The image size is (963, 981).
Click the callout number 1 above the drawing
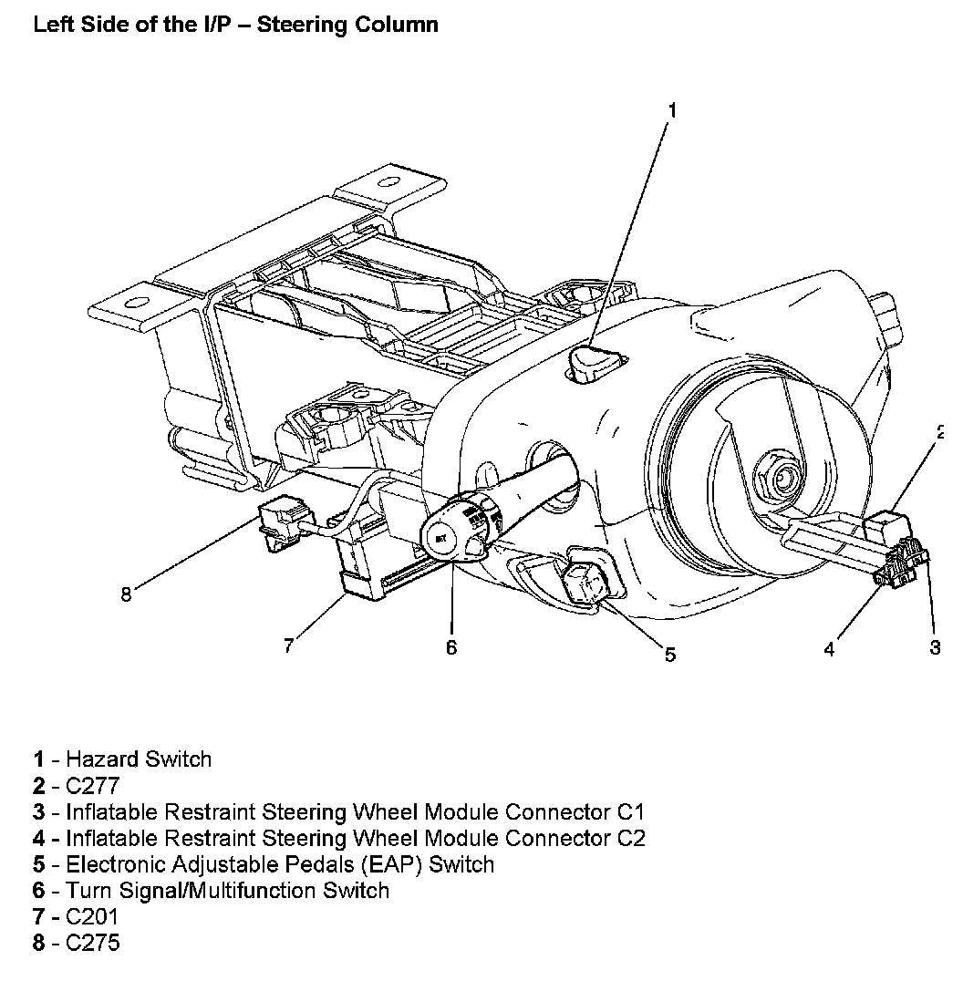click(x=672, y=110)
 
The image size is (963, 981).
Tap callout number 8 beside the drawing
click(x=126, y=594)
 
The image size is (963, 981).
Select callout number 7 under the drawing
click(x=288, y=645)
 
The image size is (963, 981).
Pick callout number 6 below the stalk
click(x=450, y=647)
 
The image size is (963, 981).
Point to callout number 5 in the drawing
click(x=670, y=654)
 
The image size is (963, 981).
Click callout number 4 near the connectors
click(x=829, y=649)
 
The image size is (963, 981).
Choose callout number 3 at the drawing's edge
click(x=935, y=647)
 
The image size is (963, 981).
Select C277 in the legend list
click(x=93, y=786)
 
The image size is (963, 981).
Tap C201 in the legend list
click(x=92, y=917)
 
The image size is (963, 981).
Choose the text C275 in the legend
click(x=93, y=944)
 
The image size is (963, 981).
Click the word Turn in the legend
click(x=88, y=891)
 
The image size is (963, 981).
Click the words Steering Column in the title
click(x=347, y=25)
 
